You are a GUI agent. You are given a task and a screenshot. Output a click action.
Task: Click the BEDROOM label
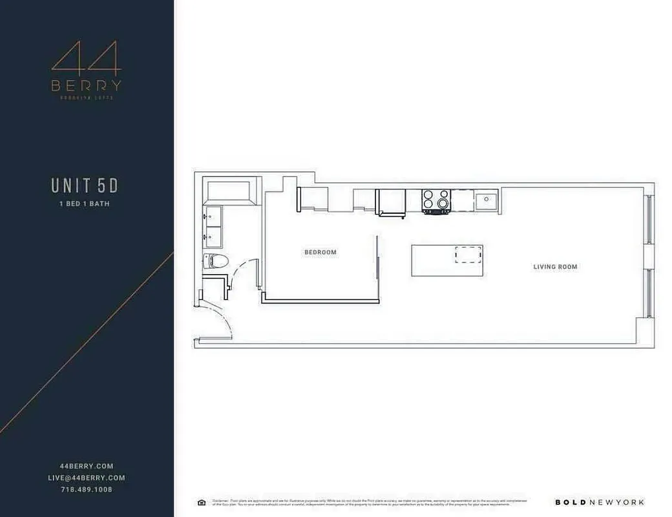pyautogui.click(x=320, y=252)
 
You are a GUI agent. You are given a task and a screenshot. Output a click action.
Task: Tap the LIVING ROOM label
pyautogui.click(x=555, y=266)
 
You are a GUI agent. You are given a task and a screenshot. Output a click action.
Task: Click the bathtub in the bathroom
pyautogui.click(x=229, y=193)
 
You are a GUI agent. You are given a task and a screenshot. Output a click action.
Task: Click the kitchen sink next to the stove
pyautogui.click(x=487, y=201)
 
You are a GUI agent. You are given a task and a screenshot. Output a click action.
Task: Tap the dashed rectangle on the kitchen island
pyautogui.click(x=468, y=255)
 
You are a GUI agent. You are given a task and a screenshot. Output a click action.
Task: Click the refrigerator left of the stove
pyautogui.click(x=391, y=202)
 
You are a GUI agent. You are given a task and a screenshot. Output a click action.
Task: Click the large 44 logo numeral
pyautogui.click(x=86, y=59)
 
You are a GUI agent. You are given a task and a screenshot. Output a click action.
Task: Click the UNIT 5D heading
pyautogui.click(x=85, y=185)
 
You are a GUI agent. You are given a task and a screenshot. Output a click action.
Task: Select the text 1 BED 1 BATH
pyautogui.click(x=85, y=204)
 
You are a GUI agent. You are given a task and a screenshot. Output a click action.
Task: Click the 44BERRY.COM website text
pyautogui.click(x=86, y=466)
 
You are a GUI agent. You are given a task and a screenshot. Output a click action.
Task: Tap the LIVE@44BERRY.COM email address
pyautogui.click(x=86, y=478)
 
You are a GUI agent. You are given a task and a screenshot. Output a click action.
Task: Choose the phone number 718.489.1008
pyautogui.click(x=86, y=489)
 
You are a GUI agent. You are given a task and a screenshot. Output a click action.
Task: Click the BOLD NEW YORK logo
pyautogui.click(x=600, y=502)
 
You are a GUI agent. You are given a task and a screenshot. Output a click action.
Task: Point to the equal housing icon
pyautogui.click(x=201, y=502)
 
